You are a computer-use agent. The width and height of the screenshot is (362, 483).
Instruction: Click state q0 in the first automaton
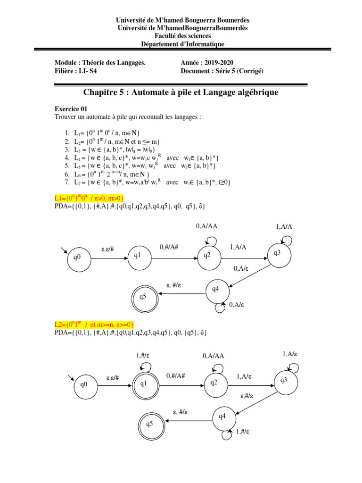coord(77,258)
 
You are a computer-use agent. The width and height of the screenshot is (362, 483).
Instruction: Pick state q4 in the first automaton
coord(216,290)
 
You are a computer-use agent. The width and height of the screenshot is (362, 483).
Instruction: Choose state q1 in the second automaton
coord(144,384)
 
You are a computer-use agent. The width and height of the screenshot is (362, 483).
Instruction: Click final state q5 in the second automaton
coord(149,424)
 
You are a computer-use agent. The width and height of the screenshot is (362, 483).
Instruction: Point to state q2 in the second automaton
coord(215,383)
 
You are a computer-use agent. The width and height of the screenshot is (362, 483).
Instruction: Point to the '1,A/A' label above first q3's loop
coord(284,226)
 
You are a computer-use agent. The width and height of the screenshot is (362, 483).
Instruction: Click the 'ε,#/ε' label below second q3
coord(248,396)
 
